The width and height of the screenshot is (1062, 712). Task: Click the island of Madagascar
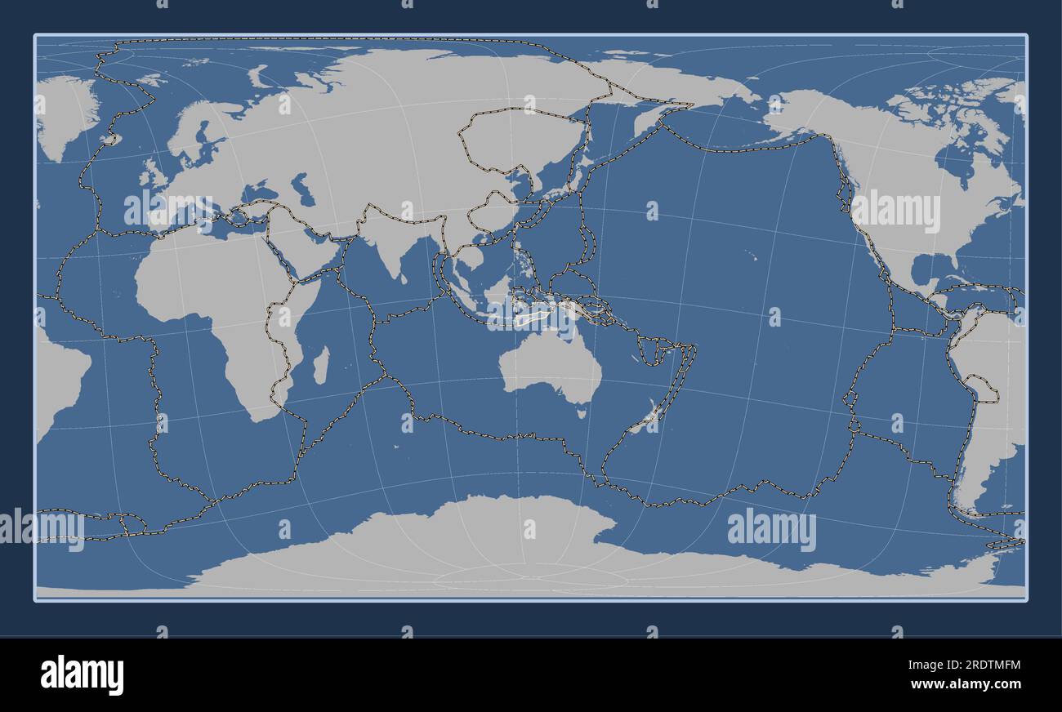coord(321,365)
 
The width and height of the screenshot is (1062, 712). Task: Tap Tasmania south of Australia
coord(582,413)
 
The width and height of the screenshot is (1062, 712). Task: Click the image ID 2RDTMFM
coord(979,666)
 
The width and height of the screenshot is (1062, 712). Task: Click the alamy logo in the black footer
coord(82,674)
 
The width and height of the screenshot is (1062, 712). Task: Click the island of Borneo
coord(498,291)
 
